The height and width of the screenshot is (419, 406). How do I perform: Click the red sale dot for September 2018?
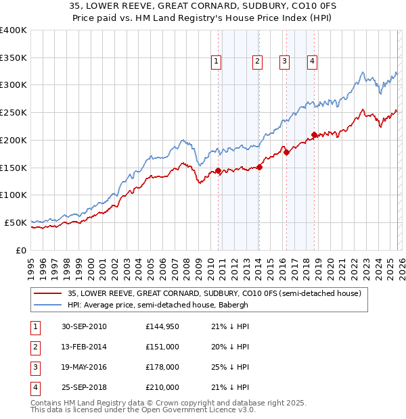click(314, 134)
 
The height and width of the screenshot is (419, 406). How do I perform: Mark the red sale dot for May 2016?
click(286, 152)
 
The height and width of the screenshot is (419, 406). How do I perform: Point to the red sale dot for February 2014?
click(260, 167)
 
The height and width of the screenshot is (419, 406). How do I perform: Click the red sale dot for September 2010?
click(219, 170)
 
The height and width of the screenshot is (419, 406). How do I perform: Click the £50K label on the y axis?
click(16, 222)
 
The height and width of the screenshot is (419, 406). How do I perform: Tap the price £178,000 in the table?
click(162, 367)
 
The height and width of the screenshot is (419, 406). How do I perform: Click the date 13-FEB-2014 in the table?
click(84, 347)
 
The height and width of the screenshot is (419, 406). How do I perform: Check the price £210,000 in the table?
click(162, 387)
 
